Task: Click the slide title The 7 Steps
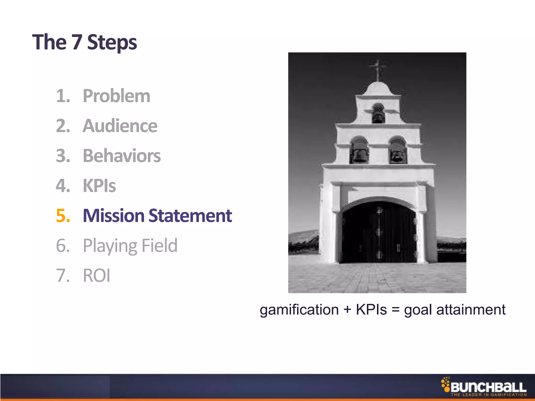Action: click(x=84, y=42)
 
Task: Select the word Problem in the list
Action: click(x=117, y=96)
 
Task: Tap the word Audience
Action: click(x=120, y=126)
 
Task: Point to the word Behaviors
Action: click(x=122, y=156)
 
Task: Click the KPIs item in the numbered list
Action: click(x=99, y=186)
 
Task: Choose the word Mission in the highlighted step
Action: click(x=113, y=216)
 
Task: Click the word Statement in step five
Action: click(x=190, y=216)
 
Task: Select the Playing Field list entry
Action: click(x=130, y=246)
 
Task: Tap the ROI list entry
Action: click(x=96, y=276)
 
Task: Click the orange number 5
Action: click(x=63, y=216)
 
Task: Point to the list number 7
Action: click(x=63, y=276)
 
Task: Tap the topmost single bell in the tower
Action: click(x=378, y=115)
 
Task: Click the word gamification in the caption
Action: click(x=299, y=310)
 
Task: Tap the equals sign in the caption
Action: click(x=396, y=310)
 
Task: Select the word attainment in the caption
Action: click(x=471, y=310)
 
